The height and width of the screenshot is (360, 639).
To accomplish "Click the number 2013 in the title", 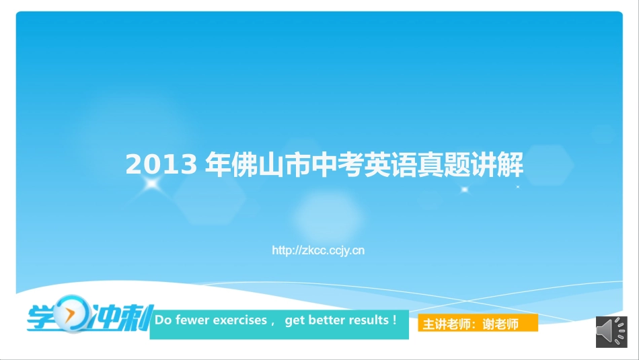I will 161,165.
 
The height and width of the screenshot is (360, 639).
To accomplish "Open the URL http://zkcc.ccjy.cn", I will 318,250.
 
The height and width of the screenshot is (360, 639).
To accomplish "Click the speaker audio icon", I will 611,332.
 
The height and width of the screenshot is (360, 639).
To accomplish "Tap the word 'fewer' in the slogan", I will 192,320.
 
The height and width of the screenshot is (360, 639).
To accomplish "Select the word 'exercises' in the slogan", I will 240,320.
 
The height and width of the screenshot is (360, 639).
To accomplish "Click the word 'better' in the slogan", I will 326,320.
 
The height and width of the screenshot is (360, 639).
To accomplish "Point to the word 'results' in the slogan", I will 367,320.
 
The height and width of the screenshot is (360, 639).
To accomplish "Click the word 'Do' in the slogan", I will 163,320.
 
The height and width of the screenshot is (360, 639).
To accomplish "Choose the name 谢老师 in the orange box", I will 502,324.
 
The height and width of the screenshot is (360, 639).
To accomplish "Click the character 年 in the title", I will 217,165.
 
